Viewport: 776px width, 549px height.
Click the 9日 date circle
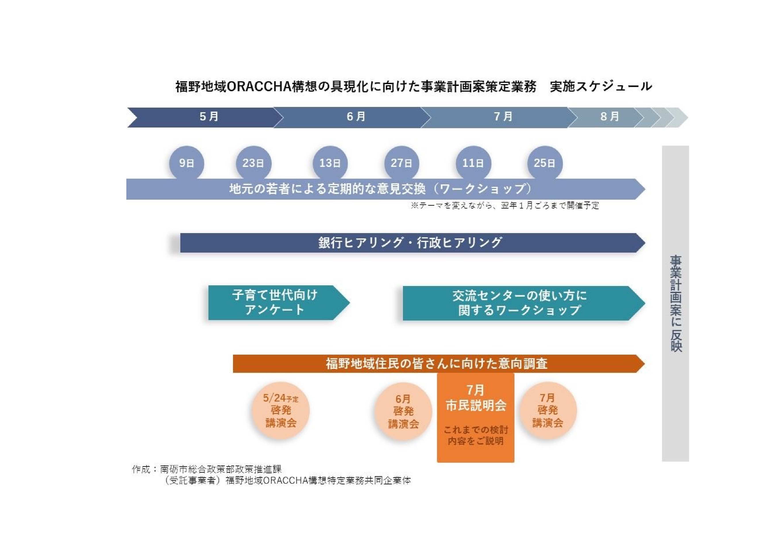coord(187,163)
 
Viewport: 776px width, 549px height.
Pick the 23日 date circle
coord(254,163)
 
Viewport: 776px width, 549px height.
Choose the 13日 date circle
coord(330,163)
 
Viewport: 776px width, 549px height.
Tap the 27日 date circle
coord(402,163)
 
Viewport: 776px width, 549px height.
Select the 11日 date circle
coord(473,163)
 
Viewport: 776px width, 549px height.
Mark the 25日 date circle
coord(545,163)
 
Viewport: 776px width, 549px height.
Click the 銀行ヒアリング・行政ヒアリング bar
coord(412,243)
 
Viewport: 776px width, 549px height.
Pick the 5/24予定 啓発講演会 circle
coord(281,410)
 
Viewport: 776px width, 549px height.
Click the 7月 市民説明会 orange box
coord(476,418)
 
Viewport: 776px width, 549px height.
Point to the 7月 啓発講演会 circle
coord(547,410)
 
